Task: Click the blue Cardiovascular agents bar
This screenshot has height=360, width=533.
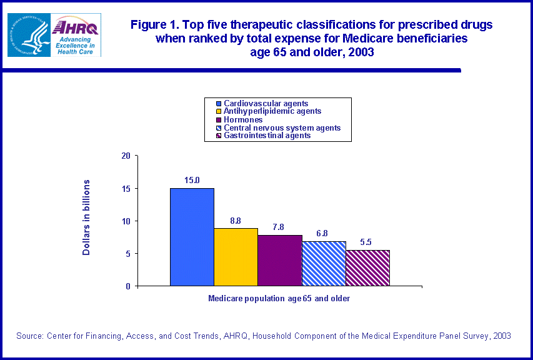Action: (192, 237)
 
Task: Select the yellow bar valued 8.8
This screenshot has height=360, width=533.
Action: (236, 257)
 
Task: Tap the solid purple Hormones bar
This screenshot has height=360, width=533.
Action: (280, 261)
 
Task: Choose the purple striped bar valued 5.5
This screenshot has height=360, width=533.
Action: (367, 268)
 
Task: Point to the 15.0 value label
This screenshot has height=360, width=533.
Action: (192, 181)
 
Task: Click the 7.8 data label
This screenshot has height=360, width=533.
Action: (280, 227)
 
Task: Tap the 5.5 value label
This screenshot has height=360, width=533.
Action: (367, 242)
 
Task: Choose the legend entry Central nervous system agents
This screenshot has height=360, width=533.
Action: (282, 127)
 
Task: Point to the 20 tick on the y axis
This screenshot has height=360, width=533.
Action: (126, 156)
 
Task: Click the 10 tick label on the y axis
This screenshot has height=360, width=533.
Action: (126, 221)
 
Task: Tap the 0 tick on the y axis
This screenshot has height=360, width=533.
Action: (127, 286)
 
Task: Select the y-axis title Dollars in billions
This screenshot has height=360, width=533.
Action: (87, 217)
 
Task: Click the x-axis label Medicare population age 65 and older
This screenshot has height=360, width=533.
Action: (279, 299)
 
